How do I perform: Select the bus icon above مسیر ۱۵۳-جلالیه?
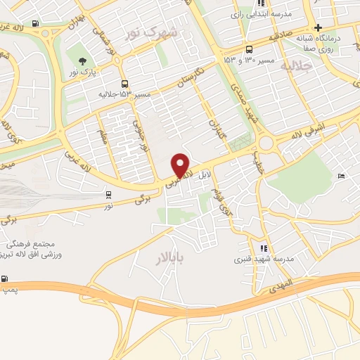pyautogui.click(x=124, y=83)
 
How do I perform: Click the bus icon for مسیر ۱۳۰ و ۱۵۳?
pyautogui.click(x=250, y=49)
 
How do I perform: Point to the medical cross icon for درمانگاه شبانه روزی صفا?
pyautogui.click(x=317, y=27)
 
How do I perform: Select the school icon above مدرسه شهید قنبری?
pyautogui.click(x=264, y=248)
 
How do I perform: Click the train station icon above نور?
pyautogui.click(x=108, y=195)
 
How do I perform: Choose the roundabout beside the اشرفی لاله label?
pyautogui.click(x=265, y=143)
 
